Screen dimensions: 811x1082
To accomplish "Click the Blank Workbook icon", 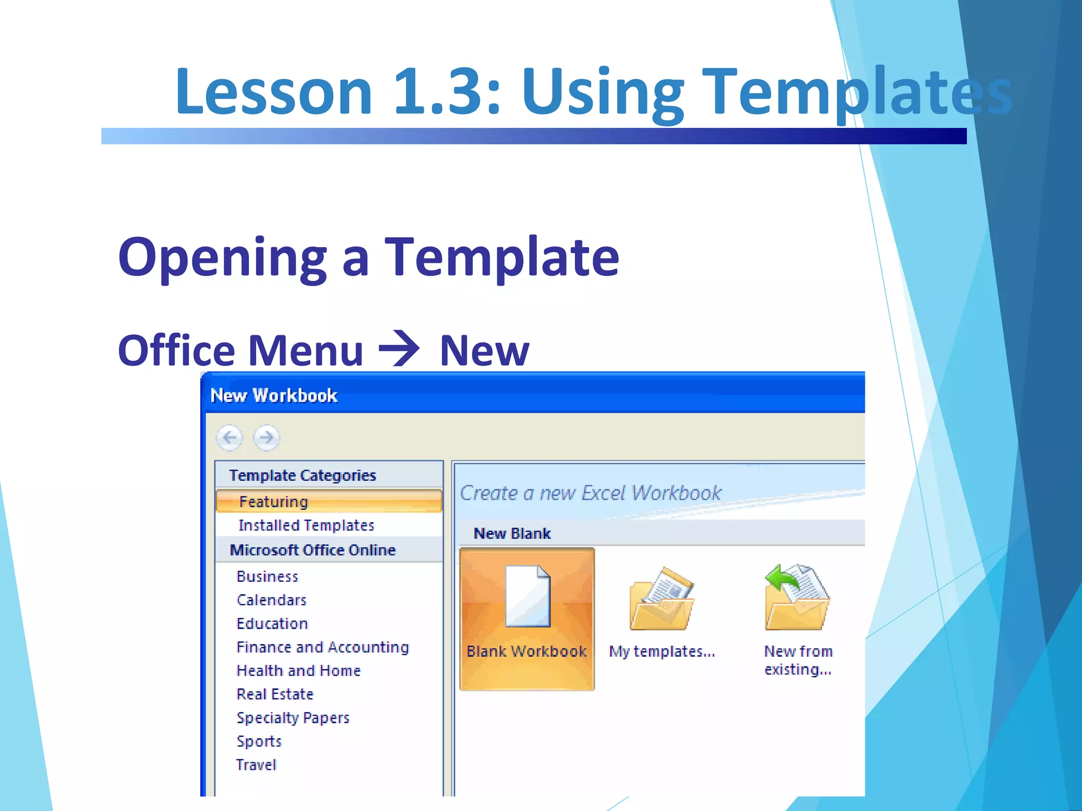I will coord(527,597).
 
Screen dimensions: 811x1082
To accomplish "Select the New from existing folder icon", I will coord(797,598).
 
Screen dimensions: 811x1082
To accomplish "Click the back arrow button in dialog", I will coord(229,438).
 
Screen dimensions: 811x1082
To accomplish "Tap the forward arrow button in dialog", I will coord(267,438).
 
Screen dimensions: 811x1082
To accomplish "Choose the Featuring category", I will coord(273,502).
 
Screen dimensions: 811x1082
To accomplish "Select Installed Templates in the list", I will coord(306,525).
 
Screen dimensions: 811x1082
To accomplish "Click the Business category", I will coord(267,577).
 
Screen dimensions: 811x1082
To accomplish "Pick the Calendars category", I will coord(272,600).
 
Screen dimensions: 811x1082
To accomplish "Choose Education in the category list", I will coord(272,624).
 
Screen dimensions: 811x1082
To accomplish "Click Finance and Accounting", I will coord(322,647).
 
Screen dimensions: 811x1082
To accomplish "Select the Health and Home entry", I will coord(299,671).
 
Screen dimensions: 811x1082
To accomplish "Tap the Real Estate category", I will coord(275,694).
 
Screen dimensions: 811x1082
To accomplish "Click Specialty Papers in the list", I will coord(293,718).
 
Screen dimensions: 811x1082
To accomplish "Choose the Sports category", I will coord(259,741).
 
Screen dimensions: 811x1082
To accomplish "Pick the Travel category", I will coord(256,765).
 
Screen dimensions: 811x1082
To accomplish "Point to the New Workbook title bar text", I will coord(274,395).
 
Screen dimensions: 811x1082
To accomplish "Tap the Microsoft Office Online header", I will coord(313,550).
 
